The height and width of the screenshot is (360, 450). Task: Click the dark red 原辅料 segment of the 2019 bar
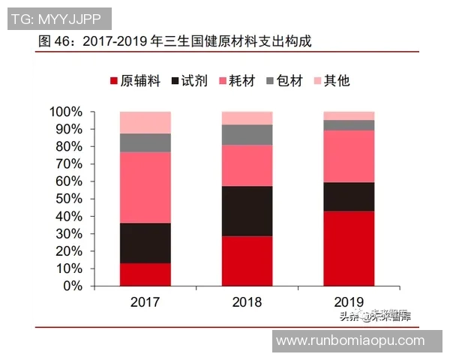pos(349,248)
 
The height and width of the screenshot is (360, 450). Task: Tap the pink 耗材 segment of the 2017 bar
pos(145,187)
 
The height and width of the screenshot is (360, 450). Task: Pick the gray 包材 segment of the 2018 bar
pos(247,134)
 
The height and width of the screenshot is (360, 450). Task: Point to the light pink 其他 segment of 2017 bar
pos(145,122)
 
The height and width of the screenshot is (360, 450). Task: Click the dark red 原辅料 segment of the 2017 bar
pos(145,274)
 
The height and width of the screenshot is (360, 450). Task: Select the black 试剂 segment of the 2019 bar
pos(349,196)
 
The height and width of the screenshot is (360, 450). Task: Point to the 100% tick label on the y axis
pos(66,112)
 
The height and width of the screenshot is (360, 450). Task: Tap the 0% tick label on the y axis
pos(72,286)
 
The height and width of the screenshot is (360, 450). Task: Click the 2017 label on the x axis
pos(145,302)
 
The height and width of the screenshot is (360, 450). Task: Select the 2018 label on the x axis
pos(247,302)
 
